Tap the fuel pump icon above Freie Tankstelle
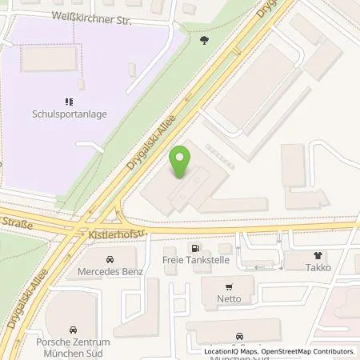(x=194, y=248)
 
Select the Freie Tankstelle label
(x=194, y=260)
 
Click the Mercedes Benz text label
(x=111, y=271)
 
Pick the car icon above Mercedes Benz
(x=111, y=259)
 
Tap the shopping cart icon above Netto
(x=230, y=286)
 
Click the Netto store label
(x=230, y=298)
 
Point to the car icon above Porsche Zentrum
(x=73, y=330)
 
